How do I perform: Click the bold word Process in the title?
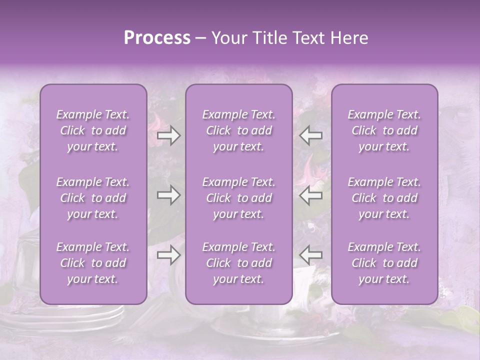pos(157,38)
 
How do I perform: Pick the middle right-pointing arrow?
pos(168,195)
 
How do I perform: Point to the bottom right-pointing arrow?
pos(168,255)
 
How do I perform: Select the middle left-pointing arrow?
pos(311,195)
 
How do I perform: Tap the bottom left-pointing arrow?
pos(311,255)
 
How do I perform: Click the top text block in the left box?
pos(93,130)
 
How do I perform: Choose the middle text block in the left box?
pos(93,198)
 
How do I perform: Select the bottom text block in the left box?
pos(93,263)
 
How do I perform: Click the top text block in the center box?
pos(239,130)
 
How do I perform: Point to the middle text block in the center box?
pos(239,198)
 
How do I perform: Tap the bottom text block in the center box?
pos(239,263)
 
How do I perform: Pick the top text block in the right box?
pos(384,130)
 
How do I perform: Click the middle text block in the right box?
pos(384,198)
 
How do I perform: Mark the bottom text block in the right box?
pos(384,263)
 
